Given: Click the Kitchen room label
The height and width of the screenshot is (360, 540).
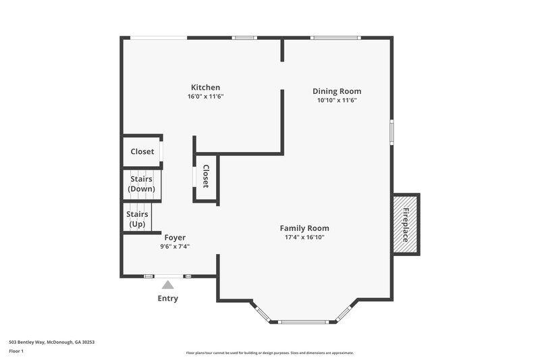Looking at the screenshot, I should pyautogui.click(x=205, y=88).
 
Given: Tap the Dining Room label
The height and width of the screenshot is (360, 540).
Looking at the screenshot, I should pyautogui.click(x=336, y=91).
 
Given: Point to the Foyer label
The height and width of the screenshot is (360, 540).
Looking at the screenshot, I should pyautogui.click(x=175, y=238).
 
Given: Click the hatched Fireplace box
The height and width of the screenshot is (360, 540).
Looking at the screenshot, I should pyautogui.click(x=406, y=224).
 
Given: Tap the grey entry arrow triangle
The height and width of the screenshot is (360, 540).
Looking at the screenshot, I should pyautogui.click(x=167, y=285).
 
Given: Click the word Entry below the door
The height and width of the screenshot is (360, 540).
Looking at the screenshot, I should pyautogui.click(x=168, y=299).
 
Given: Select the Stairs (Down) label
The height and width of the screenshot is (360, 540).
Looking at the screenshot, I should pyautogui.click(x=142, y=184).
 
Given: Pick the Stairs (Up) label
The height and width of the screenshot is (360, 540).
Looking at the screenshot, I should pyautogui.click(x=137, y=219).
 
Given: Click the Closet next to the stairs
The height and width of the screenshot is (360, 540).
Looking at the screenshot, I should pyautogui.click(x=142, y=152).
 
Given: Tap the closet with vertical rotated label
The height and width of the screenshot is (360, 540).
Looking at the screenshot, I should pyautogui.click(x=206, y=176).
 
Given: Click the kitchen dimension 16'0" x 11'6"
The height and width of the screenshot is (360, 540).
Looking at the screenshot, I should pyautogui.click(x=205, y=97).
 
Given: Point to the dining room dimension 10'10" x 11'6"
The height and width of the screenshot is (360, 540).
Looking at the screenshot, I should pyautogui.click(x=336, y=100).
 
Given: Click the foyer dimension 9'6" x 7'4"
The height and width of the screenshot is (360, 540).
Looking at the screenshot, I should pyautogui.click(x=175, y=247).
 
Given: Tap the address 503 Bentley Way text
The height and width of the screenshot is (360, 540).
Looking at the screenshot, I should pyautogui.click(x=51, y=342).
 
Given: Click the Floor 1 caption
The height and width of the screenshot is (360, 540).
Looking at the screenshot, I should pyautogui.click(x=16, y=351).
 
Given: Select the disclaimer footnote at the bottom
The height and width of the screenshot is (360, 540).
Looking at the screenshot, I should pyautogui.click(x=269, y=353).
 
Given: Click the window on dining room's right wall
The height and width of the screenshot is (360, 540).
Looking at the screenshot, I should pyautogui.click(x=391, y=132).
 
